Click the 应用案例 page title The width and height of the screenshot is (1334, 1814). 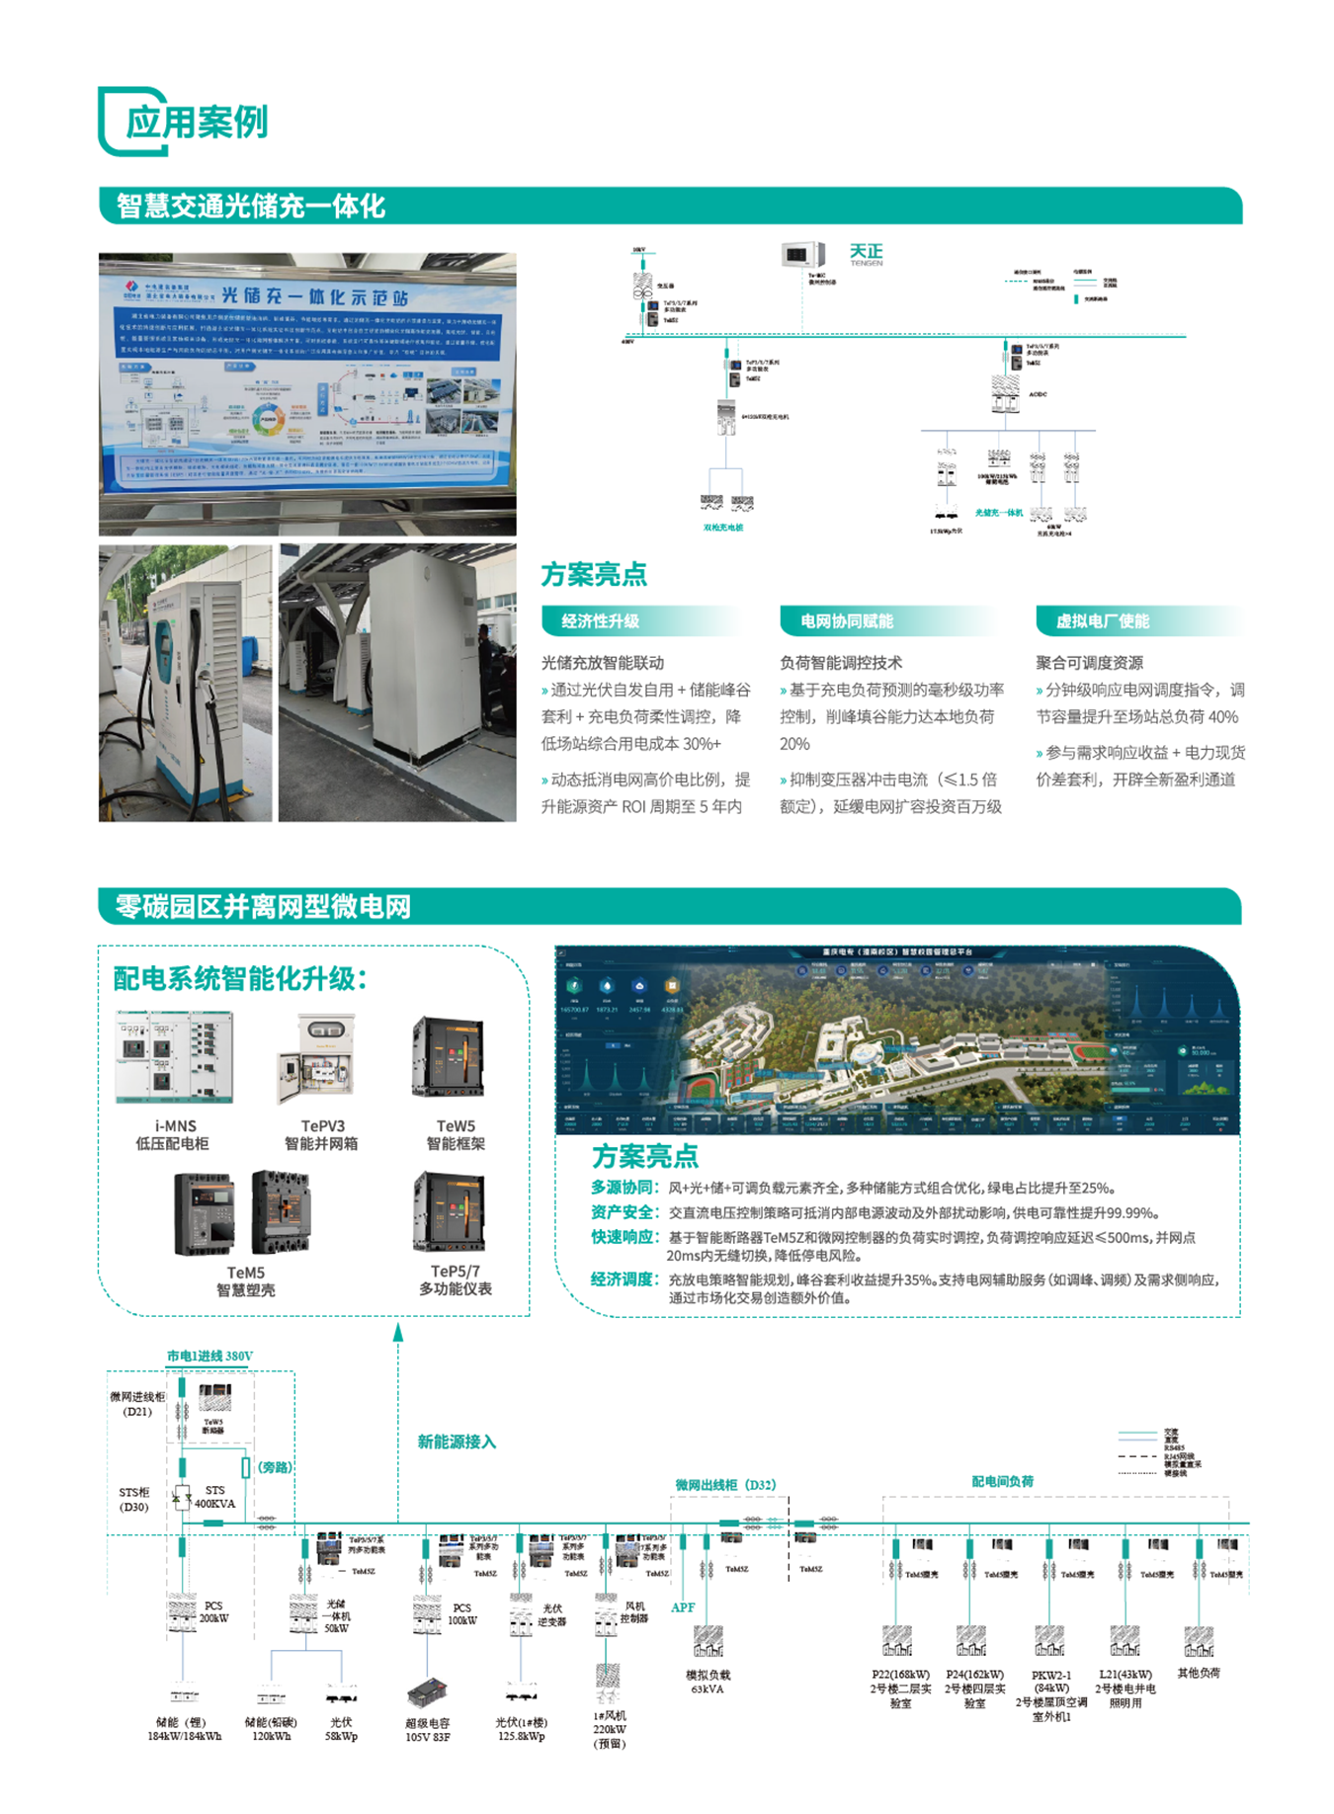pos(196,123)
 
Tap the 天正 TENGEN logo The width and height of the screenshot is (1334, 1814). pos(866,254)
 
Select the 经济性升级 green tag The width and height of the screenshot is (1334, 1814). pos(600,621)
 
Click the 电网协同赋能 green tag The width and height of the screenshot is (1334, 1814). pos(846,621)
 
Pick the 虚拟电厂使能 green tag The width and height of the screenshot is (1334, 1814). pos(1102,621)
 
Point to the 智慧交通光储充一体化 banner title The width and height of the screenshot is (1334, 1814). pos(251,206)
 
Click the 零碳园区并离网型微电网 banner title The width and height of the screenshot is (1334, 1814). pos(263,907)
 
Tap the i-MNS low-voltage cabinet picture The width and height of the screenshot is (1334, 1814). pos(175,1057)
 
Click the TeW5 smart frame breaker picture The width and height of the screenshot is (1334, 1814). pos(451,1057)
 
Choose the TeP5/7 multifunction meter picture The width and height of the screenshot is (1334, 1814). pos(451,1212)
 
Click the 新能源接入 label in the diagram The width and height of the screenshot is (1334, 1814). pos(457,1442)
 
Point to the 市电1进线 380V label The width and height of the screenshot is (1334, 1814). pos(209,1356)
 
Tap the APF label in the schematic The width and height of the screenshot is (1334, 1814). pos(683,1608)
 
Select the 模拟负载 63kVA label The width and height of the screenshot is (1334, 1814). pos(708,1682)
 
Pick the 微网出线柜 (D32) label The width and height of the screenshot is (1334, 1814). pos(725,1485)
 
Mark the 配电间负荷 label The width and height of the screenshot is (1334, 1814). pos(1002,1481)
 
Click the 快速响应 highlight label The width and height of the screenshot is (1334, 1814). pos(624,1237)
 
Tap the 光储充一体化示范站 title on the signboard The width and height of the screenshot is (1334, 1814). pos(314,296)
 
